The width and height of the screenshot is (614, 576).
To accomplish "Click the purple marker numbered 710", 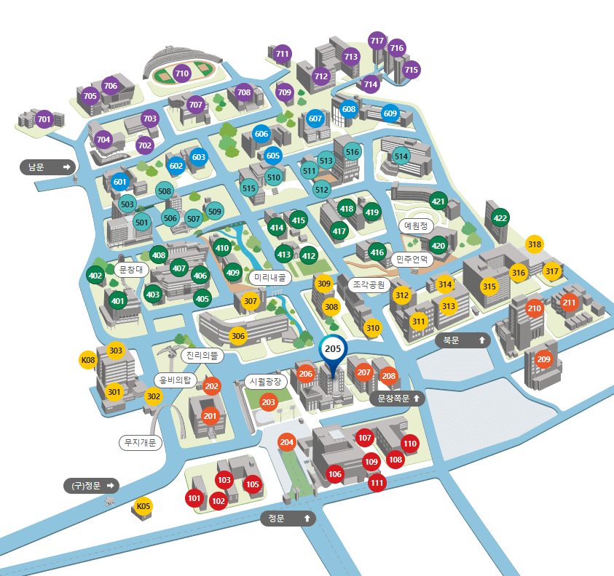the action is point(182,73).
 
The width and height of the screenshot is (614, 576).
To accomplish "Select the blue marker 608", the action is point(349,109).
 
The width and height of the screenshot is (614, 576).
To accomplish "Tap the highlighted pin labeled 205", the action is point(333,349).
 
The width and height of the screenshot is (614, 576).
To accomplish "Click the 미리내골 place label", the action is point(270,278).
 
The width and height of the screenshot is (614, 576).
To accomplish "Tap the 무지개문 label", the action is point(141,442).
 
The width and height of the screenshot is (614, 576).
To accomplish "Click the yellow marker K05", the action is point(143,506).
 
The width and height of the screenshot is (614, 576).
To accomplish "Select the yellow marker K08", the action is point(88,359).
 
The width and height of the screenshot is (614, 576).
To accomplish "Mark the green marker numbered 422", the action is point(500,217).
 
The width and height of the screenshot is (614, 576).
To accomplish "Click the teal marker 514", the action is point(401,156).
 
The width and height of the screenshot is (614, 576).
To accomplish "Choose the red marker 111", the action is point(377,482).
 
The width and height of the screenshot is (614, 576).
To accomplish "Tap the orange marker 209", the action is point(543,359).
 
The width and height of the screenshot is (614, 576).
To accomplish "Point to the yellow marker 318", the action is point(535,244).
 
